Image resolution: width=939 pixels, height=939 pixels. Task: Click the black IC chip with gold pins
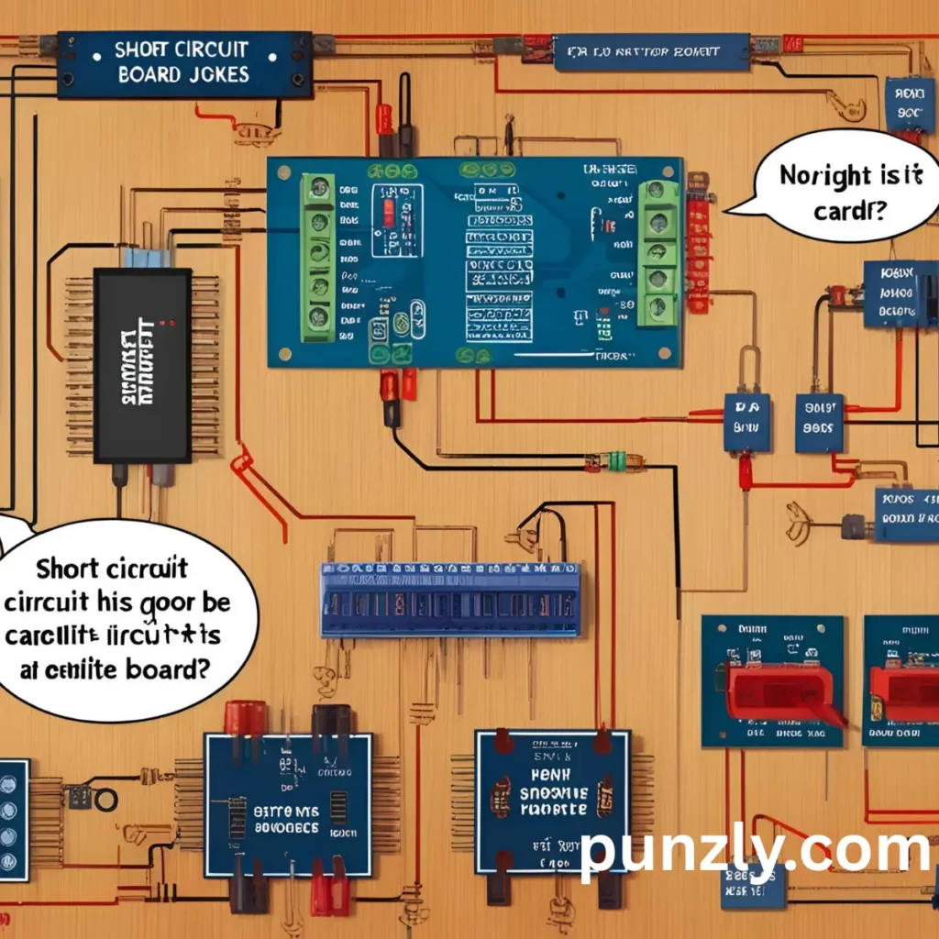pyautogui.click(x=142, y=365)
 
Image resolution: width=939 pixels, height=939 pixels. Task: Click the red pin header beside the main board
pyautogui.click(x=699, y=243)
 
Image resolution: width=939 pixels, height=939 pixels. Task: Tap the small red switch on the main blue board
pyautogui.click(x=389, y=214)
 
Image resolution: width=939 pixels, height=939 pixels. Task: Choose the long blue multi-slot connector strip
pyautogui.click(x=450, y=601)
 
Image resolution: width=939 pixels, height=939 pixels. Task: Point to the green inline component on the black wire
pyautogui.click(x=612, y=460)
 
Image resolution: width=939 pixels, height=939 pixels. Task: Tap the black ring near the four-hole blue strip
pyautogui.click(x=105, y=800)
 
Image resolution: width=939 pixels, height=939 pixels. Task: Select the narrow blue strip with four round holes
pyautogui.click(x=13, y=820)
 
